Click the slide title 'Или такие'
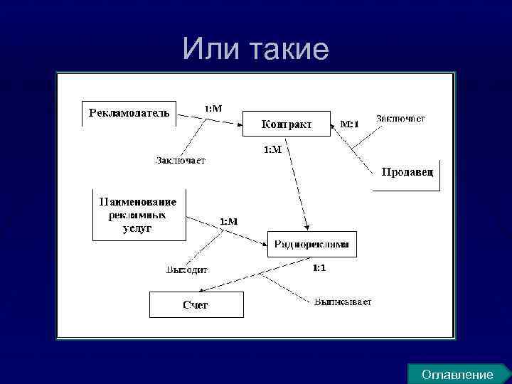coord(255,49)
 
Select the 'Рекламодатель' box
coord(129,112)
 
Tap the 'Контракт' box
coord(286,124)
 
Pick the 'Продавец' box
coord(406,173)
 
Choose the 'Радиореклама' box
coord(311,244)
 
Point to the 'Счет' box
coord(196,304)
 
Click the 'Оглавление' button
coord(457,374)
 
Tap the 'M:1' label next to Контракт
coord(349,124)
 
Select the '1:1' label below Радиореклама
coord(319,268)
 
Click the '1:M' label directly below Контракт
coord(273,149)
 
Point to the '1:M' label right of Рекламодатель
coord(213,108)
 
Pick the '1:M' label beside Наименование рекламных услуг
coord(228,221)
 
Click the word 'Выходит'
coord(186,270)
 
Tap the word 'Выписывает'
coord(343,302)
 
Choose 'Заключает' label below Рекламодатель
coord(181,160)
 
